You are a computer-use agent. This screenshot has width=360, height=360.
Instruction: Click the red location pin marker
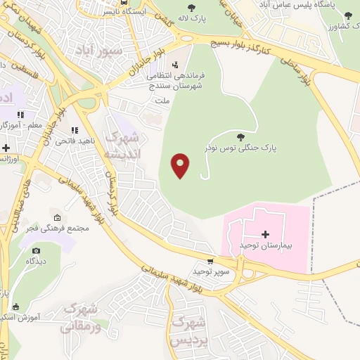pos(181,165)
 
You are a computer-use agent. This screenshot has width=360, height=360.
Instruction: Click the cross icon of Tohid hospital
pos(265,234)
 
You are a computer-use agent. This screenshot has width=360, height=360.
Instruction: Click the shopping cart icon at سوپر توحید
pos(210,262)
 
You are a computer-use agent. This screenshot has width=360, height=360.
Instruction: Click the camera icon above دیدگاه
pos(37,250)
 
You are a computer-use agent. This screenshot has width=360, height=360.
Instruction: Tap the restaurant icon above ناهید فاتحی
pos(74,130)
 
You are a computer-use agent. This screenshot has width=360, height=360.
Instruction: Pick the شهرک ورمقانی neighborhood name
pos(82,317)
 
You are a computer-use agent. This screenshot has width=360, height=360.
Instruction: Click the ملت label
pos(162,100)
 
